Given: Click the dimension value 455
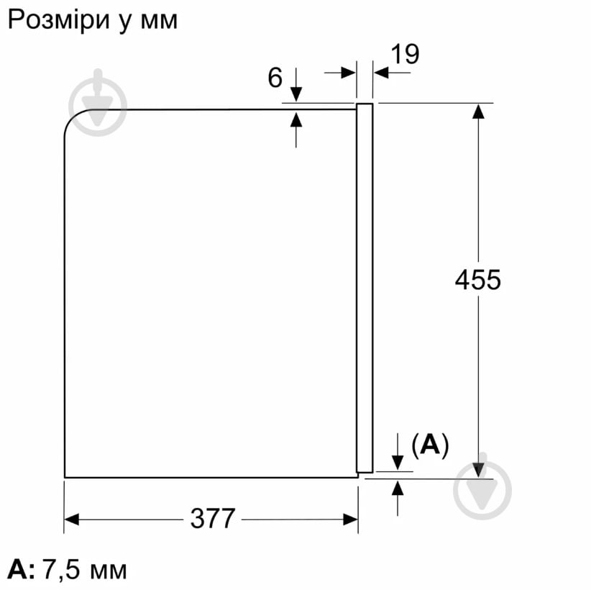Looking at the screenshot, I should tap(477, 279).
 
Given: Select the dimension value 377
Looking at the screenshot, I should tap(213, 518).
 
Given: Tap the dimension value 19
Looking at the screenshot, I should tap(405, 54).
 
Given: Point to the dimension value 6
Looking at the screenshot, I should tap(275, 78).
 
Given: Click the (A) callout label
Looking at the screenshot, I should tap(429, 446).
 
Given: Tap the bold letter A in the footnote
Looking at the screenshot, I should tap(19, 571).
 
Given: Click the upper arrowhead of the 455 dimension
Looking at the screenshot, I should tap(477, 112).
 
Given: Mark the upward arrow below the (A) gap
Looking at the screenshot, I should tap(398, 489).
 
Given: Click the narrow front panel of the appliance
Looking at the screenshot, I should tap(365, 288).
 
